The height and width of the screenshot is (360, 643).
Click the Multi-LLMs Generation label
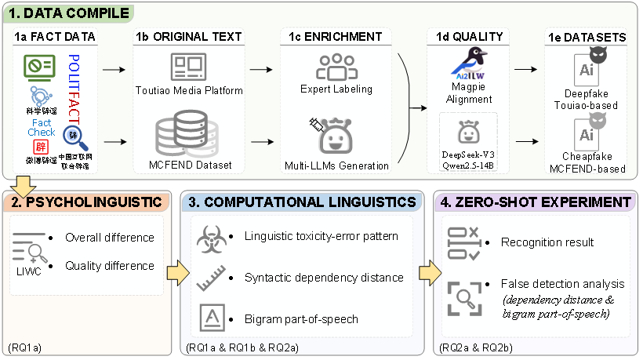click(336, 165)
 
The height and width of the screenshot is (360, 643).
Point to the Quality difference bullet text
click(110, 265)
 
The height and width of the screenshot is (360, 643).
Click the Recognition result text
click(547, 242)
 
